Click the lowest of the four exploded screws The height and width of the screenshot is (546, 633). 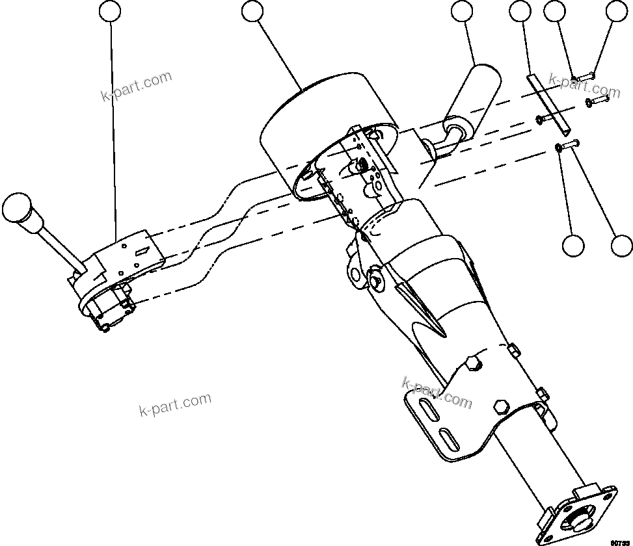569,146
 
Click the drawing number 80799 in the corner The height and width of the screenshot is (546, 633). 621,541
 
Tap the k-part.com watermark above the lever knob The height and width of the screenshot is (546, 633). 137,86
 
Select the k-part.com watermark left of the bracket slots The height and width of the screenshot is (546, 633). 176,405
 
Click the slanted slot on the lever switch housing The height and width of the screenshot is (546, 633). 142,250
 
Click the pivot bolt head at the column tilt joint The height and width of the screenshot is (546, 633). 377,279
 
